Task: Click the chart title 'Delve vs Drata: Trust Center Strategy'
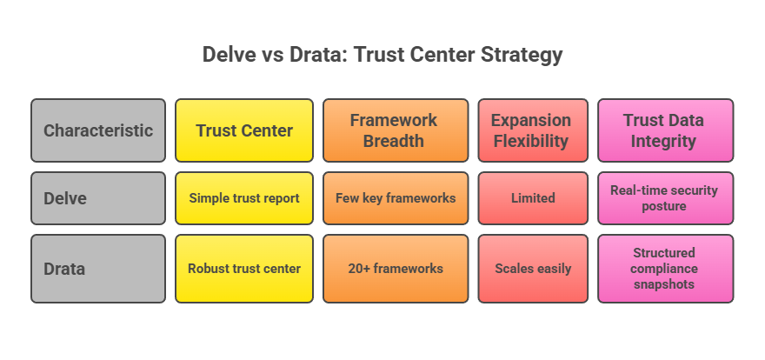point(382,55)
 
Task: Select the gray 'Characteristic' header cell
point(98,130)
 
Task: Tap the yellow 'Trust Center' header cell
point(244,130)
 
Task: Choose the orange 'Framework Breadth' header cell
point(396,130)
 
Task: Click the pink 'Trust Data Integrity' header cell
point(665,130)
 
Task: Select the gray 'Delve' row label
point(98,198)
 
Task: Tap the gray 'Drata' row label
point(98,268)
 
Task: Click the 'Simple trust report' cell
point(244,198)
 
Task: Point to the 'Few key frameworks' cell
point(396,198)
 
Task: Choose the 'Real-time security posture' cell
point(665,198)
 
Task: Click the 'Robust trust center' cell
point(244,268)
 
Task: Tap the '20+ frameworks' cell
point(396,268)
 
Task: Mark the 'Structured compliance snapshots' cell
point(665,268)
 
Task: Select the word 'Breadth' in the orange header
point(396,141)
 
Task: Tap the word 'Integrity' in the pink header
point(665,141)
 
